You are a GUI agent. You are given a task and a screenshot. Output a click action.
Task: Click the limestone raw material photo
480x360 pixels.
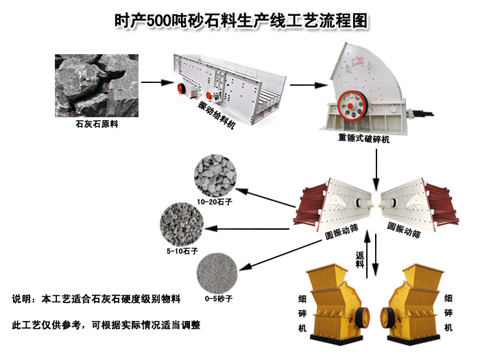tap(97, 86)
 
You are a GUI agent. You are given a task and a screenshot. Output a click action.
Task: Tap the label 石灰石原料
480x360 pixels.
tap(97, 124)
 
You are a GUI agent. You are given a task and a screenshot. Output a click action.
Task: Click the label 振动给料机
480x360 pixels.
tap(217, 115)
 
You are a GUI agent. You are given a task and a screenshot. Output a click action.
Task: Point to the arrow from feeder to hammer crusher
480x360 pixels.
tap(309, 85)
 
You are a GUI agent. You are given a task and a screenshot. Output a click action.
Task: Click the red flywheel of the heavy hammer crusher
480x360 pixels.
tap(352, 106)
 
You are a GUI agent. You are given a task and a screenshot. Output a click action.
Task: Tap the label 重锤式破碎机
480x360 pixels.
tap(363, 138)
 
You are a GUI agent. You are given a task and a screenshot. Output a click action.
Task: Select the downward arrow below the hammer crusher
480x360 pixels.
tap(376, 169)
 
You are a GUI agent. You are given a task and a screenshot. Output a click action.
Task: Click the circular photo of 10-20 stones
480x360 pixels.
tap(215, 176)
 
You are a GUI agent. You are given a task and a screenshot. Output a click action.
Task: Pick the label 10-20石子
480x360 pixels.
tap(215, 202)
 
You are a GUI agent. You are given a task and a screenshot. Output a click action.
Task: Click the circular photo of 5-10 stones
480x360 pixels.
tap(182, 224)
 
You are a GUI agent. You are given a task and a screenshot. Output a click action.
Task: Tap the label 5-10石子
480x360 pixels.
tap(182, 251)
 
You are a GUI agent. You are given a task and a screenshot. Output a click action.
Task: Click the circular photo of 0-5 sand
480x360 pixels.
tap(217, 274)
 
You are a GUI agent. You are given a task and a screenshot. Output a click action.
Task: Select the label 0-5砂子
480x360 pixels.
tap(219, 298)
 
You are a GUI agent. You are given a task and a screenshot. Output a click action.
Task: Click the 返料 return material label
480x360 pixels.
tap(360, 260)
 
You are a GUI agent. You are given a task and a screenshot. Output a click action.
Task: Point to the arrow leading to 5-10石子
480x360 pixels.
tap(248, 228)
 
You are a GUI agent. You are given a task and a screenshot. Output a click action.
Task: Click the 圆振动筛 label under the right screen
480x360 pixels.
tap(404, 230)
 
